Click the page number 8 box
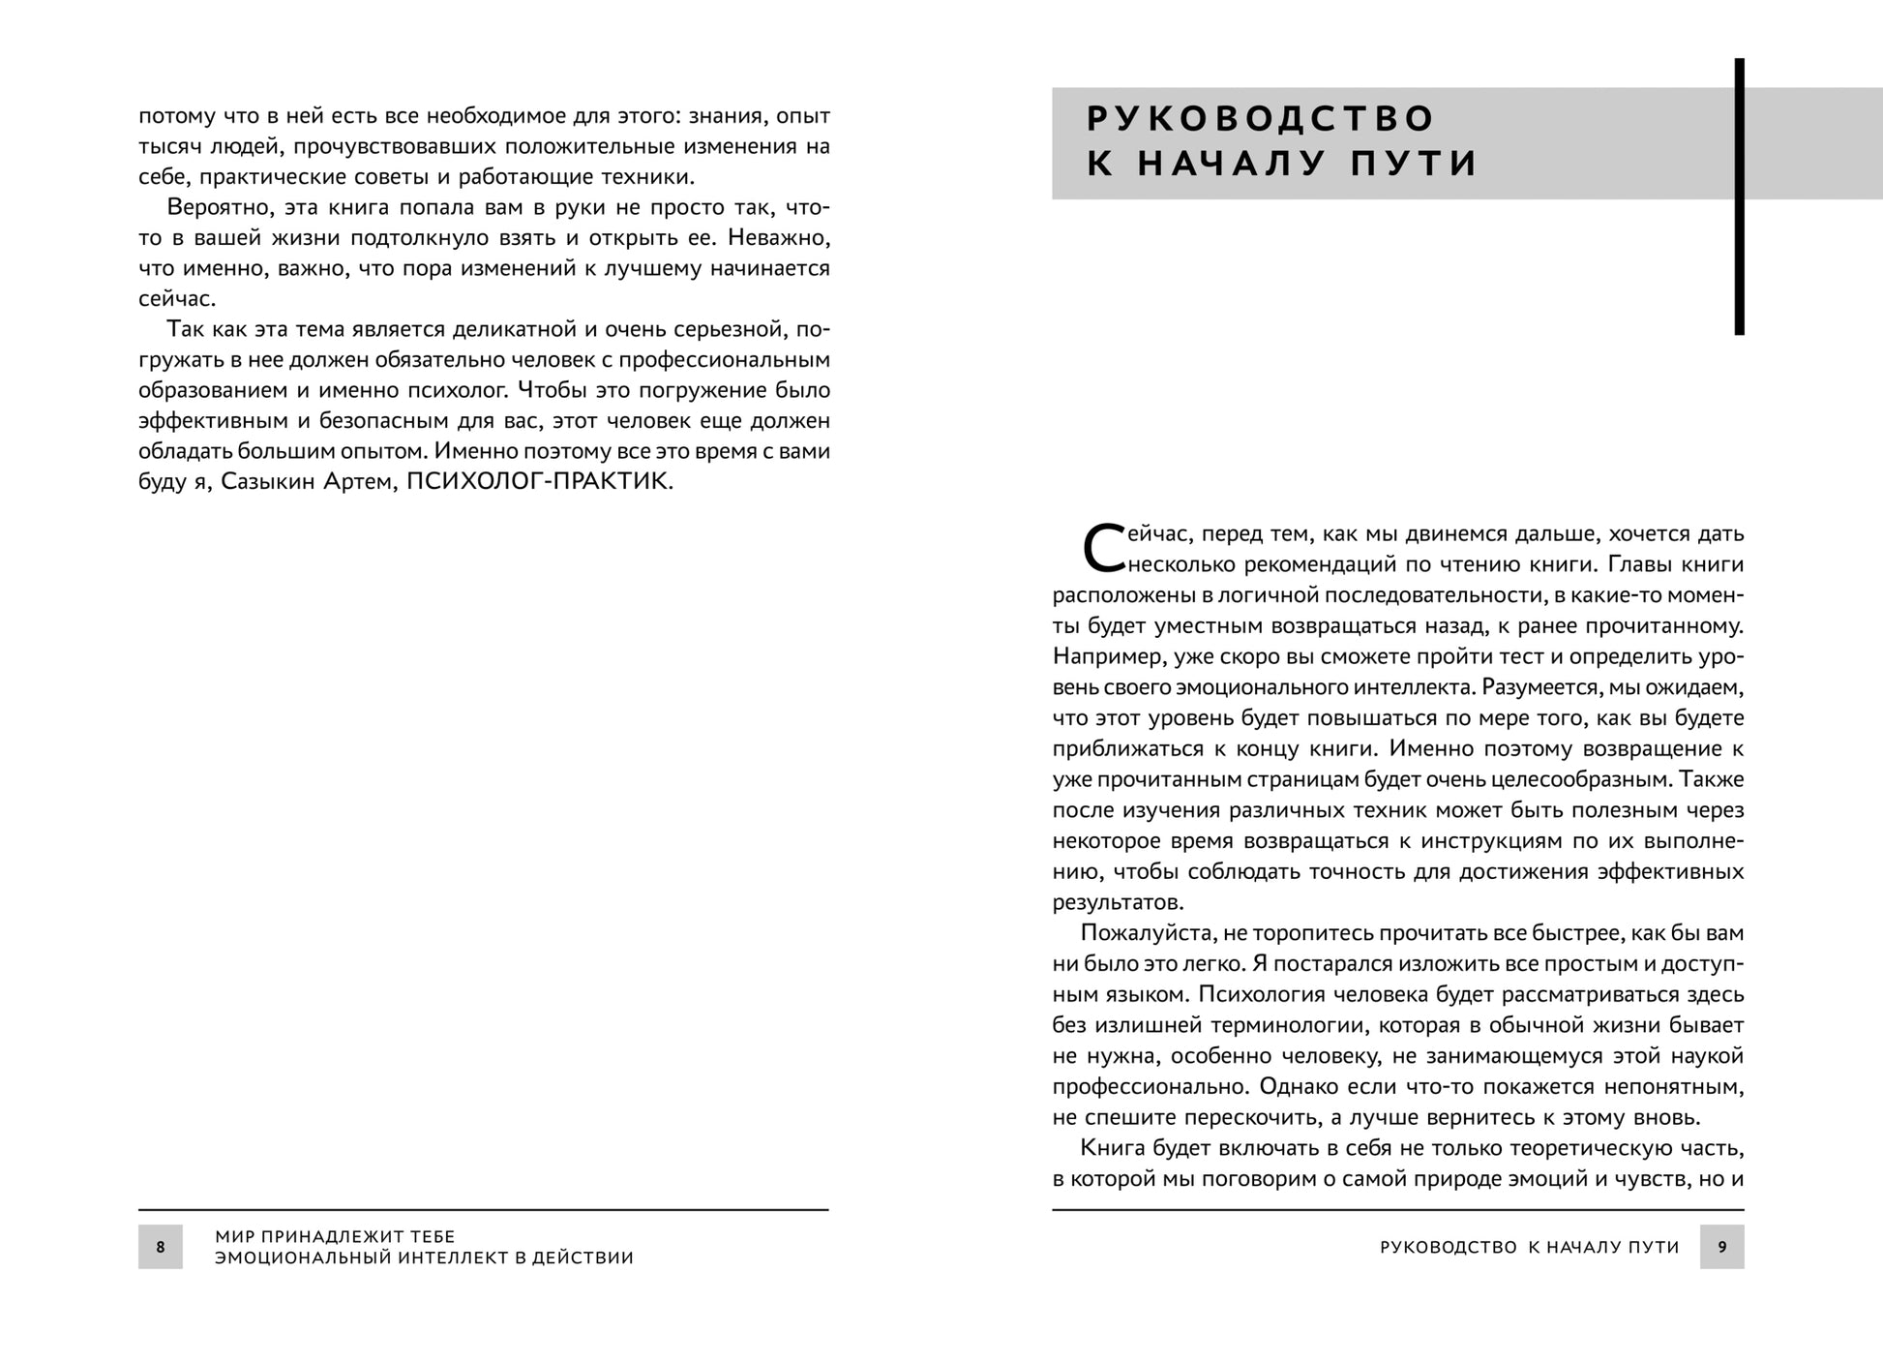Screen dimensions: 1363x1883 161,1247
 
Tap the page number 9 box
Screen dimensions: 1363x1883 1721,1247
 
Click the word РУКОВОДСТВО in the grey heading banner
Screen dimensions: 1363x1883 1261,118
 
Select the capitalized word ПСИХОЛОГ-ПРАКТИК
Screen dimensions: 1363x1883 538,481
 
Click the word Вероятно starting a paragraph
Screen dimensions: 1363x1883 211,207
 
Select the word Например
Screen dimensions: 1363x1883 1108,656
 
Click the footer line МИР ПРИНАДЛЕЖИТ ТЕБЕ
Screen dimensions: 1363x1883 335,1236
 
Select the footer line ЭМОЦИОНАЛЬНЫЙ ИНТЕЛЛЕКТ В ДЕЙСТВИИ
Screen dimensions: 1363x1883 424,1257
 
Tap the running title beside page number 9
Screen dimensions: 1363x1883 1529,1247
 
